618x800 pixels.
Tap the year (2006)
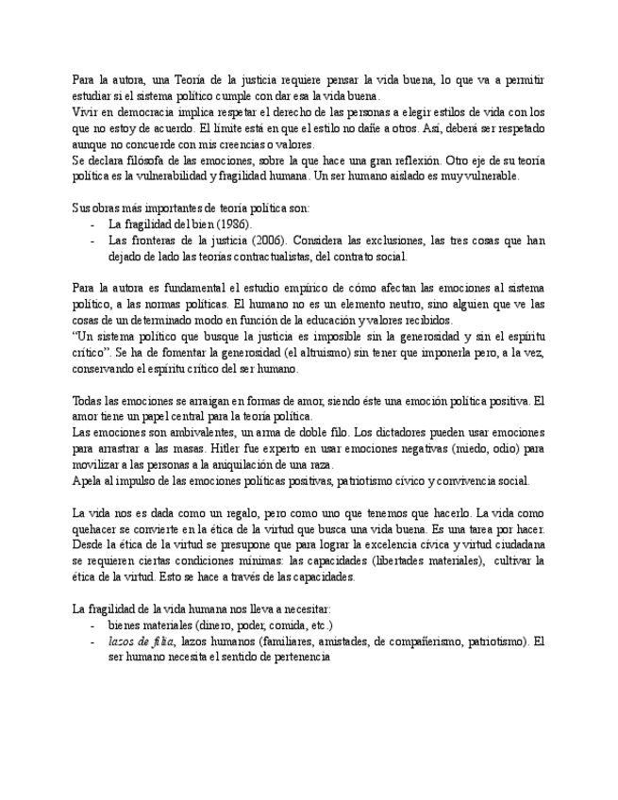265,241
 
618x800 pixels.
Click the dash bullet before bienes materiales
92,625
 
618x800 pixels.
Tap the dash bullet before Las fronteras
92,241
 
